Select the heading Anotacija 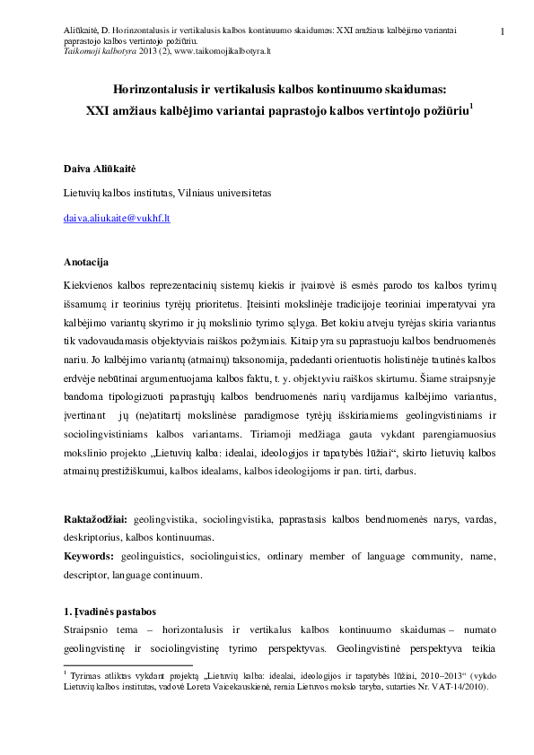pos(86,262)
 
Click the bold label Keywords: pos(88,557)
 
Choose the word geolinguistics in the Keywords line pos(153,557)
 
